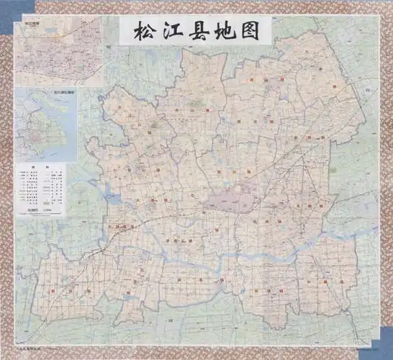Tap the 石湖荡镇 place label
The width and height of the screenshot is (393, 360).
coord(118,228)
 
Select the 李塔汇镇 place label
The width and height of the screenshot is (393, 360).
coord(177,238)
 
